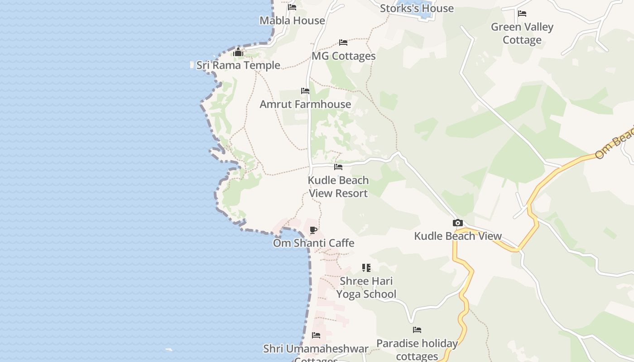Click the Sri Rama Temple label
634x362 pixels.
[x=238, y=65]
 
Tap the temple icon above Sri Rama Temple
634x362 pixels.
[x=238, y=52]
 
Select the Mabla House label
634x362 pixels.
[x=292, y=20]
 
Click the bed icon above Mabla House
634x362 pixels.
[x=292, y=7]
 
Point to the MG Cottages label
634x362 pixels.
[x=344, y=56]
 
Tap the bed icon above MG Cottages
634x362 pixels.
[x=343, y=43]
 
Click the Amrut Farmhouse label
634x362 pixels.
[x=305, y=104]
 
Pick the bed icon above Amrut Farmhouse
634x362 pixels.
[x=305, y=91]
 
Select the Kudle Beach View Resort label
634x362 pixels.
[x=338, y=186]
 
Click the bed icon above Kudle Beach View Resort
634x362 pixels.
[x=338, y=167]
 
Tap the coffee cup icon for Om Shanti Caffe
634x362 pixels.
[x=313, y=230]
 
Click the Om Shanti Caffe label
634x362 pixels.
[x=313, y=243]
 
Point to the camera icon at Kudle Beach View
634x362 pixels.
[x=458, y=223]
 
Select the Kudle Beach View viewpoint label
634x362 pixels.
[x=458, y=236]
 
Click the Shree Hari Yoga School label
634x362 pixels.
[x=366, y=287]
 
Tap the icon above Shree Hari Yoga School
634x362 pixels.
[x=366, y=268]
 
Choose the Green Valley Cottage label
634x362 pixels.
[x=522, y=33]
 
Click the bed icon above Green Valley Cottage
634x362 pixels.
[x=522, y=14]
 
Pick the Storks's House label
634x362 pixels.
[x=417, y=8]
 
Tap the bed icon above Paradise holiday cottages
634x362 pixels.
[x=417, y=330]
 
